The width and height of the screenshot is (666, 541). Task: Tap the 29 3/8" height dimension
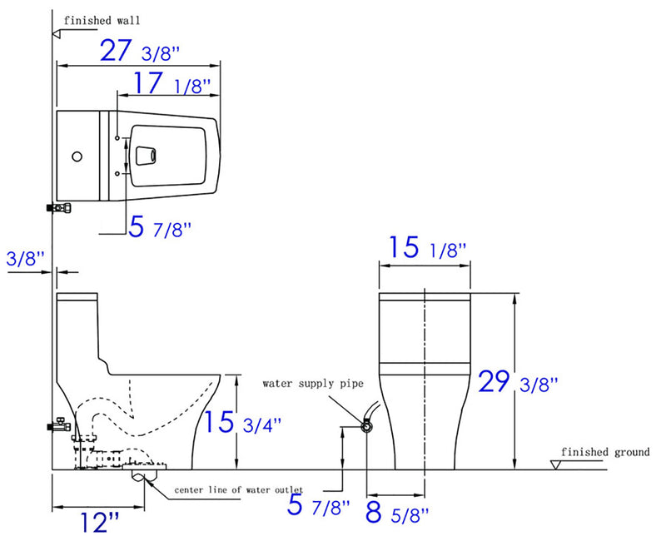pos(516,382)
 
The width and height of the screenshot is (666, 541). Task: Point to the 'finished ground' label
pos(604,452)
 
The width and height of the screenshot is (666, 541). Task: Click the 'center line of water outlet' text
pos(238,489)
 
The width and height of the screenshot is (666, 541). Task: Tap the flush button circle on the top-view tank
pos(77,156)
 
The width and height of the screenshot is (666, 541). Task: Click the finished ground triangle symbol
pos(556,463)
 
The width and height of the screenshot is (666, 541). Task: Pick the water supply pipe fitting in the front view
pos(366,426)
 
